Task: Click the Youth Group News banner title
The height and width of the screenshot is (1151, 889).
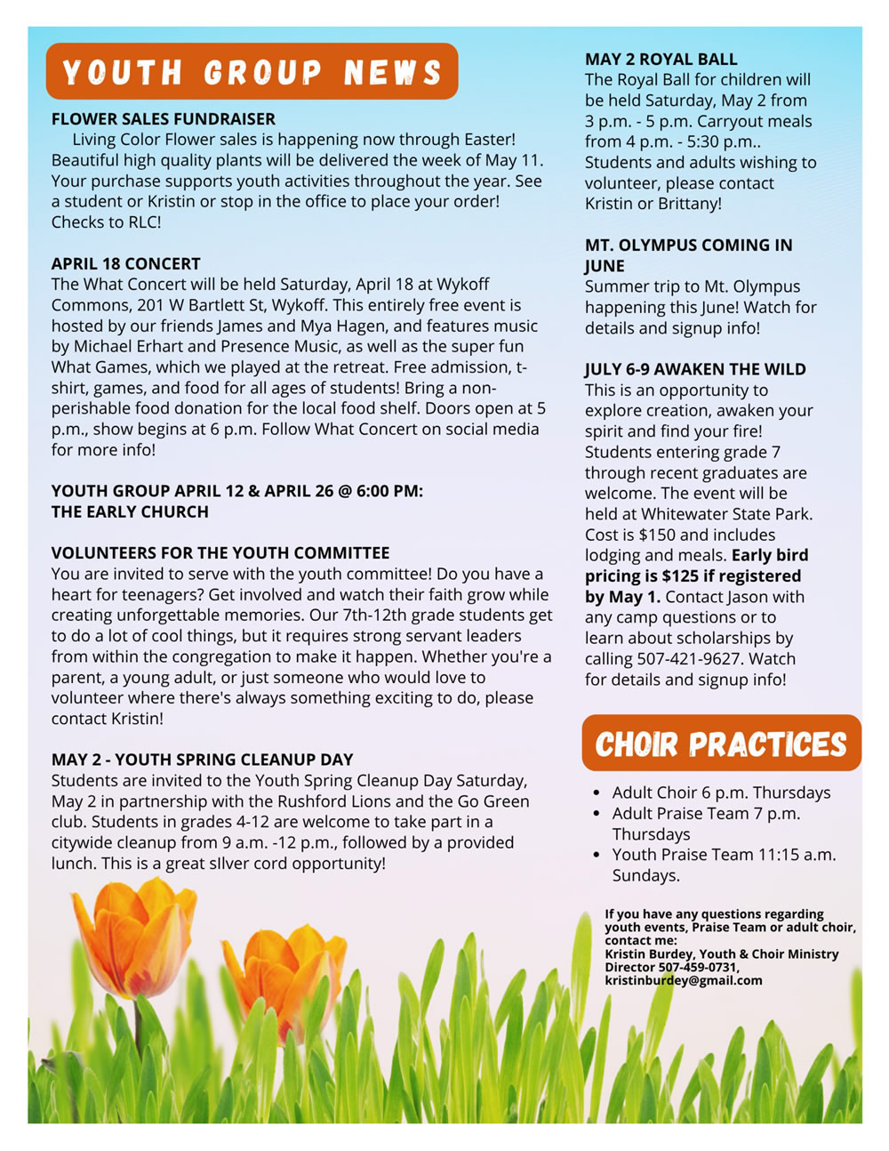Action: click(x=252, y=72)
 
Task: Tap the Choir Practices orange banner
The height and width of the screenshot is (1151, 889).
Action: click(x=721, y=744)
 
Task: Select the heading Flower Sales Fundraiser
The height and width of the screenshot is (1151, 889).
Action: click(x=164, y=119)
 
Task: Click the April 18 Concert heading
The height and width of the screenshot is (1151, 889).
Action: click(x=126, y=264)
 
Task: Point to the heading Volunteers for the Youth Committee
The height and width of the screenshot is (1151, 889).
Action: click(x=220, y=553)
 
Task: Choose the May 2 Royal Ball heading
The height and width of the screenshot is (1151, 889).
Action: click(x=661, y=60)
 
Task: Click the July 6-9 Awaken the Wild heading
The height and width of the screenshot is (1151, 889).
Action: click(x=695, y=369)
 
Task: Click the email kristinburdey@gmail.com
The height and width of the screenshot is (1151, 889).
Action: click(x=684, y=980)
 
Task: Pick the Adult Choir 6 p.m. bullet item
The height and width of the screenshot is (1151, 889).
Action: click(x=721, y=793)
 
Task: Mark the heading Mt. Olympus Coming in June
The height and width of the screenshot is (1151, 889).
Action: click(x=688, y=255)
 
